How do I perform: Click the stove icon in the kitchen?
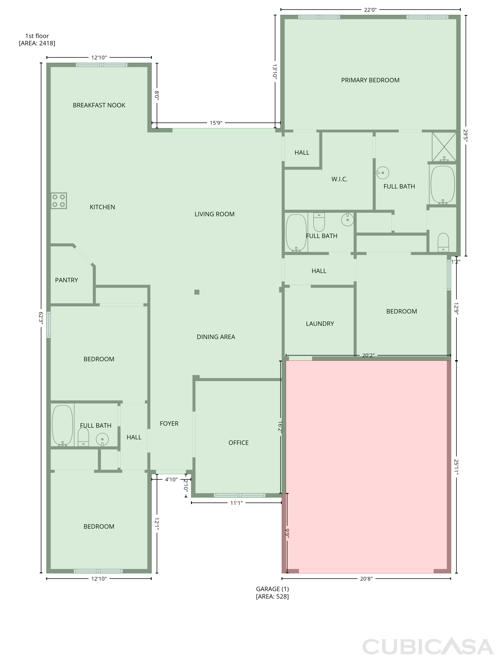pos(59,200)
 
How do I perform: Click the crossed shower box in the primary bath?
pos(444,147)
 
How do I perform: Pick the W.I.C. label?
pos(340,179)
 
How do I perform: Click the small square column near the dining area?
pos(197,292)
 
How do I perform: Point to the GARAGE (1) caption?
pos(273,589)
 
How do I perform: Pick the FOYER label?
pos(169,424)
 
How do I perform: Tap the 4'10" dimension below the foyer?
pos(171,479)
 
